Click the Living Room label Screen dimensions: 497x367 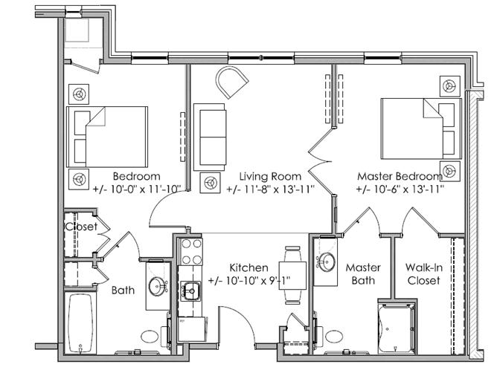tap(270, 176)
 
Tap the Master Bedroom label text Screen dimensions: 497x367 tap(400, 176)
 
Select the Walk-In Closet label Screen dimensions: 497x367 tap(424, 274)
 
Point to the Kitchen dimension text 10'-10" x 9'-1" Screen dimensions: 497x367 tap(249, 281)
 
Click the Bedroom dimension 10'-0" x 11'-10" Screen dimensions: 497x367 tap(137, 189)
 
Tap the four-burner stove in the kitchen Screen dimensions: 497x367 tap(190, 251)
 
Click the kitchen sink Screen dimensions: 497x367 tap(190, 291)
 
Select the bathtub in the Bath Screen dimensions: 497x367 tap(80, 323)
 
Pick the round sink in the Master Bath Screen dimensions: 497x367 tap(326, 262)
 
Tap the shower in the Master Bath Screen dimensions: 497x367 tap(397, 328)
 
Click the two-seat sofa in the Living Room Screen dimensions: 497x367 tap(210, 137)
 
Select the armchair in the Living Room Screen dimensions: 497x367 tap(231, 82)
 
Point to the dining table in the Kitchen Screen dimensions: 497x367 tap(292, 275)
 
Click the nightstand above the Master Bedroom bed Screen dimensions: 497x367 tap(450, 86)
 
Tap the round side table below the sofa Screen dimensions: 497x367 tap(210, 183)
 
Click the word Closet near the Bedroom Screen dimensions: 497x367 tap(81, 226)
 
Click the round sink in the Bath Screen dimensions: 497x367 tap(157, 285)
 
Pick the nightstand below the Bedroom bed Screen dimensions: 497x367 tap(79, 179)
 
